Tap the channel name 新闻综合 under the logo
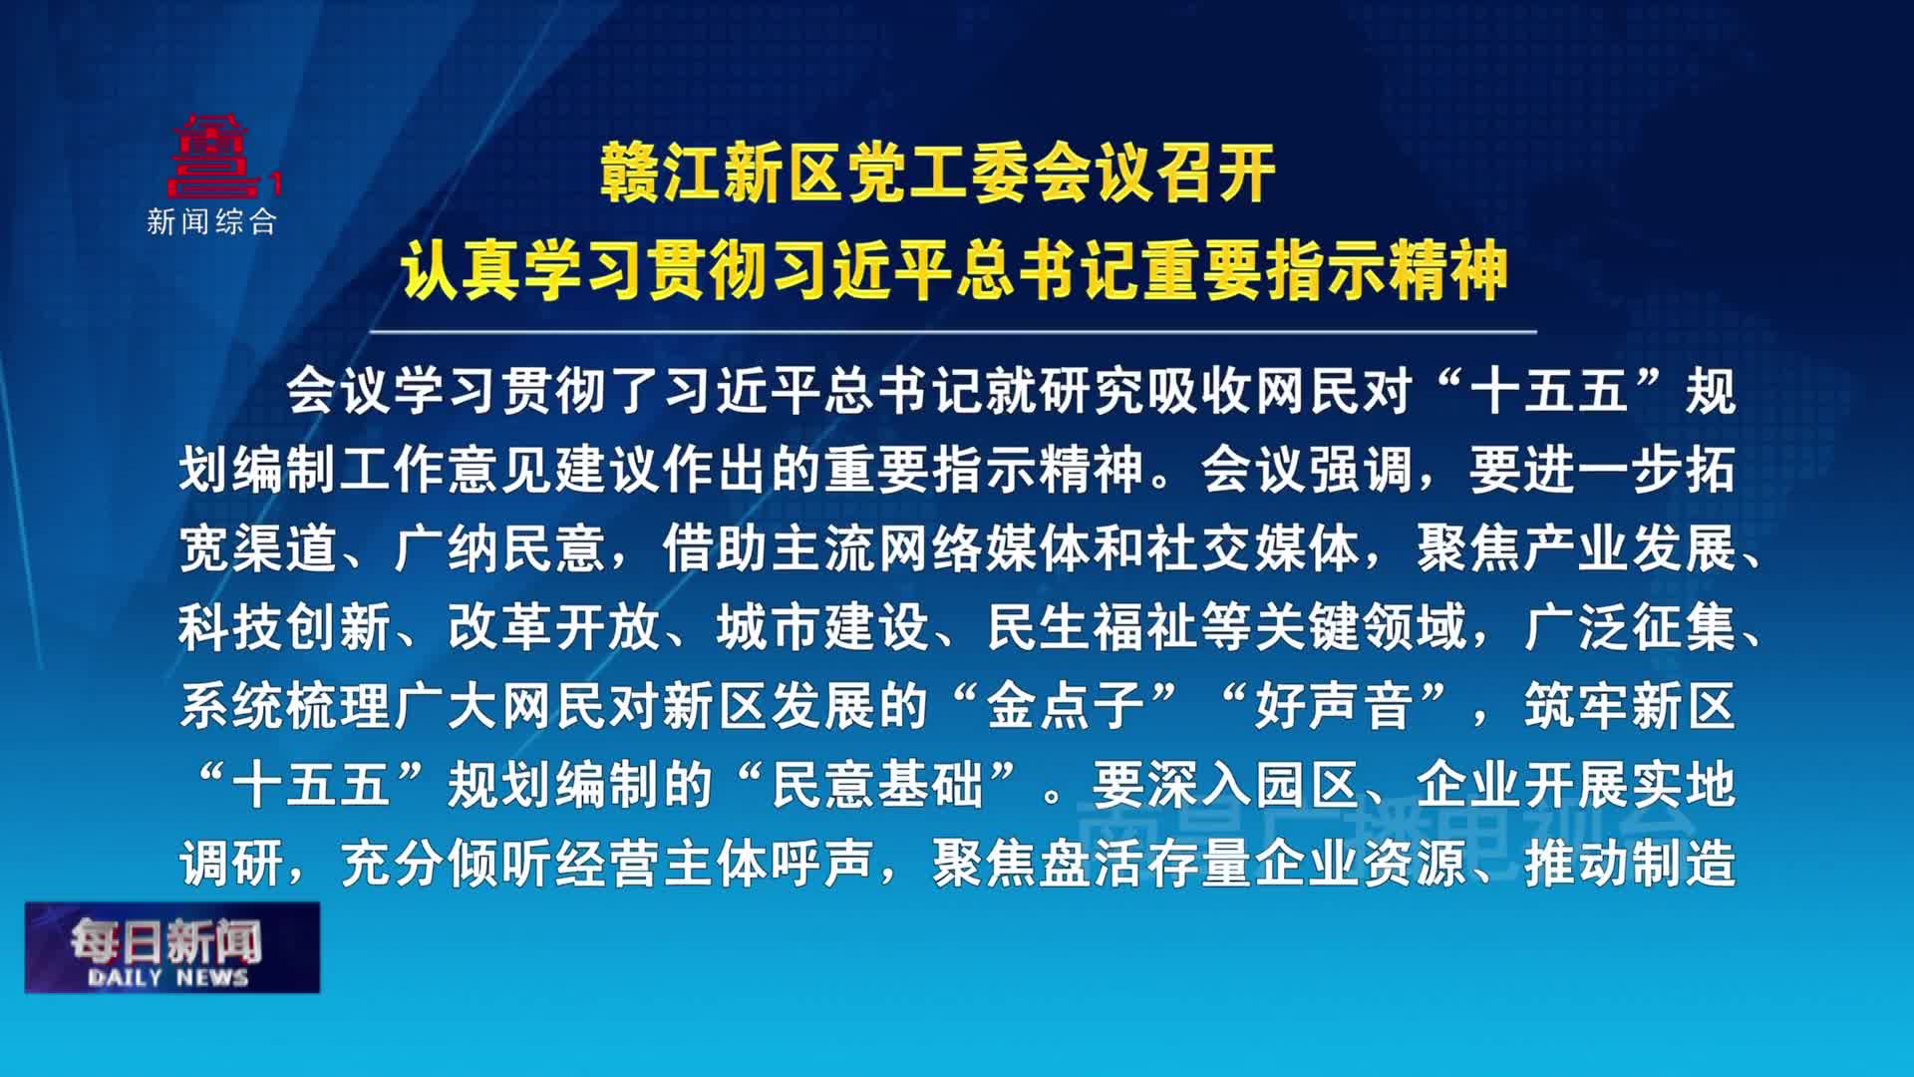point(211,221)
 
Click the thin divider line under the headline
point(952,331)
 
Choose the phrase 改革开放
point(554,627)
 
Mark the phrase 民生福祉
point(1093,627)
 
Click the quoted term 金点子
point(1065,706)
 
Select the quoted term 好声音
point(1334,706)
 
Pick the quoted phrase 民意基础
point(877,785)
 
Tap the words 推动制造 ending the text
point(1629,864)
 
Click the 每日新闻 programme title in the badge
point(165,938)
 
